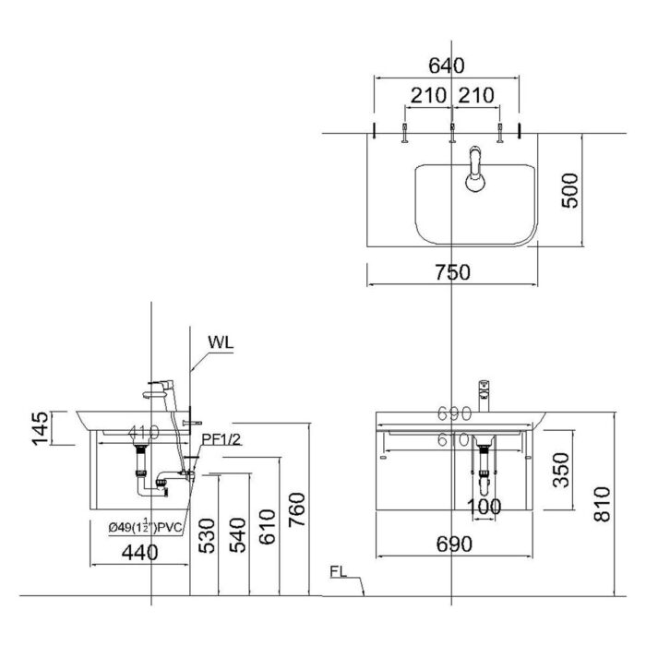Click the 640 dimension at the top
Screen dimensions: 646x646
click(x=447, y=66)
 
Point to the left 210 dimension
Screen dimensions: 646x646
click(x=428, y=95)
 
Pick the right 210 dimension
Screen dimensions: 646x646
click(x=474, y=95)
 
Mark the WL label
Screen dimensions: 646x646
click(x=221, y=341)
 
